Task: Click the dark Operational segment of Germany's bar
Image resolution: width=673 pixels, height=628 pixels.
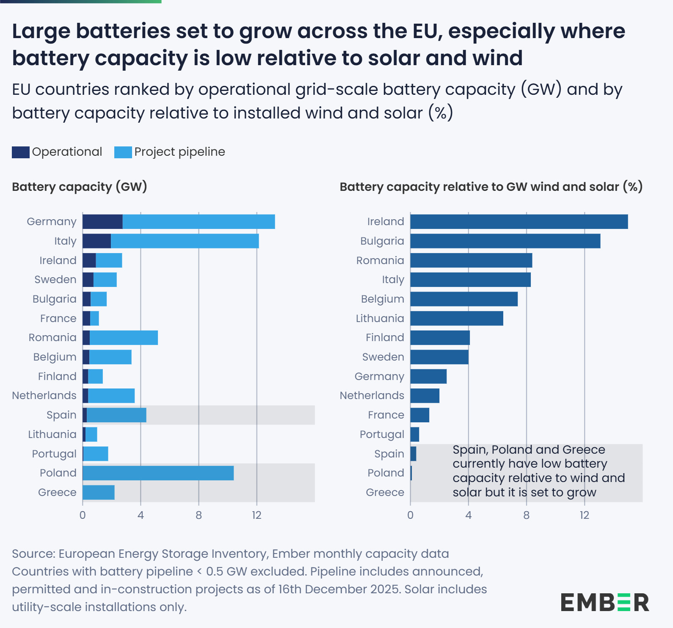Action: coord(102,222)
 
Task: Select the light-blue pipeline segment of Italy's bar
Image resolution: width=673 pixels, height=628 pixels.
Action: coord(185,241)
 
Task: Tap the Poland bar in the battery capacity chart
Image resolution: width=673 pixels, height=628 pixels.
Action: coord(158,473)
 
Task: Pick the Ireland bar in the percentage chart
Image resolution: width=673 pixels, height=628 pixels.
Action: coord(519,222)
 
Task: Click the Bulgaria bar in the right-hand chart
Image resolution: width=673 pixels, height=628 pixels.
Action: coord(505,241)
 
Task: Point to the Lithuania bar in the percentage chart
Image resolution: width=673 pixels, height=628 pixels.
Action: coord(457,319)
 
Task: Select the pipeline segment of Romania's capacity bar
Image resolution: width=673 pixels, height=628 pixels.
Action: coord(124,338)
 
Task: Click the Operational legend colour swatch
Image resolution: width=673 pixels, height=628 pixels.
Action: coord(20,152)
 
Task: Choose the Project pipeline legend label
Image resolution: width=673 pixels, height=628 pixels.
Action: coord(179,152)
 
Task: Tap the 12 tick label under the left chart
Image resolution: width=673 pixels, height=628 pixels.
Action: coord(257,515)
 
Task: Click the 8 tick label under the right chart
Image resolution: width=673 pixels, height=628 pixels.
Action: coord(526,515)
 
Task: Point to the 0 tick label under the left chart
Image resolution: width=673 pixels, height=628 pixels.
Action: coord(83,515)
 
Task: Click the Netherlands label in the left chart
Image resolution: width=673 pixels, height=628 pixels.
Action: coord(44,396)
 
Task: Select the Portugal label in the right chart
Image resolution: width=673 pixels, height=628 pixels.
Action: coord(382,435)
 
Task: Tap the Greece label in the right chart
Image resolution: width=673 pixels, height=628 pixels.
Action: coord(385,493)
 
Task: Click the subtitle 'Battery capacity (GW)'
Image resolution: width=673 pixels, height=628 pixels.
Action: coord(80,187)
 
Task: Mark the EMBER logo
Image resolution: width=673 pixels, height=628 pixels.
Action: coord(604,602)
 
